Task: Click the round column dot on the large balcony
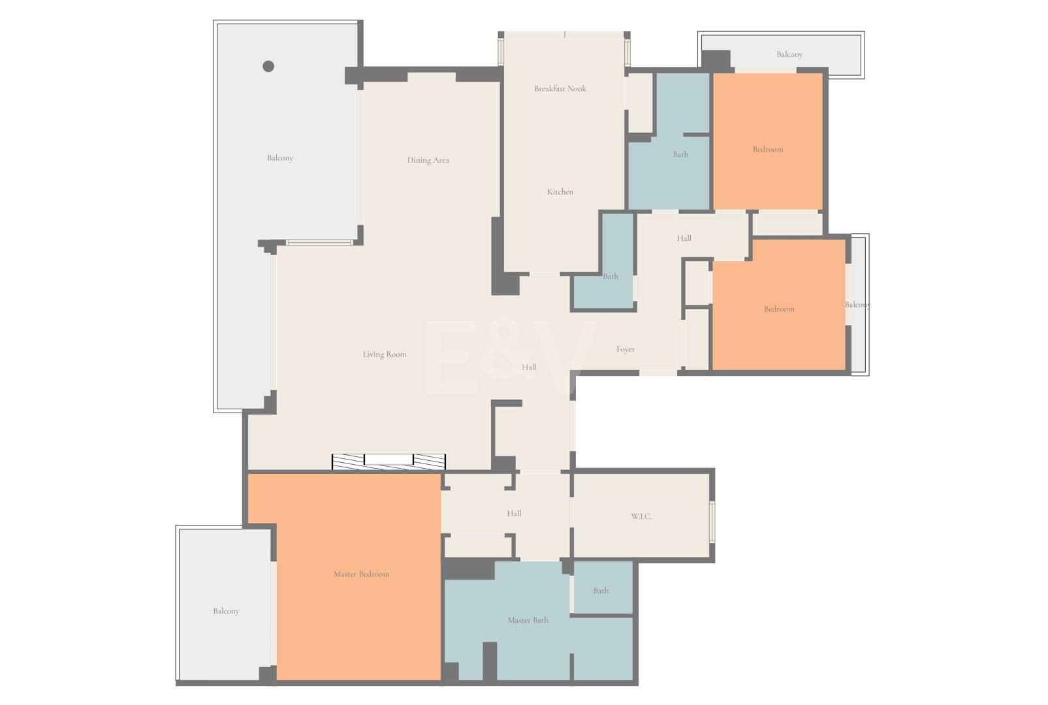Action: coord(268,67)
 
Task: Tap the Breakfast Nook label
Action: coord(560,88)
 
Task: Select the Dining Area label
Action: coord(428,160)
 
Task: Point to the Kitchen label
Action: coord(560,192)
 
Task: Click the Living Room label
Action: coord(385,354)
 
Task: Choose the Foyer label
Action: coord(626,349)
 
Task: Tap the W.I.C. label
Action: coord(641,516)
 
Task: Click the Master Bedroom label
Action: coord(362,574)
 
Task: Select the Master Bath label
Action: coord(528,620)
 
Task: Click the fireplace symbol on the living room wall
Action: coord(389,462)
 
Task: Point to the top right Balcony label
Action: coord(789,54)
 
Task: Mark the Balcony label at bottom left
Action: coord(226,611)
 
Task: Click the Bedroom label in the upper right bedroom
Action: coord(768,149)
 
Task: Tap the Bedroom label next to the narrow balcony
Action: coord(779,309)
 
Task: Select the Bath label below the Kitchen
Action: coord(611,276)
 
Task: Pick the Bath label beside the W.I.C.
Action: coord(601,590)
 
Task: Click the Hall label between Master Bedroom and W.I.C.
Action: coord(514,513)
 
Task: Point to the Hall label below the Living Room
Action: coord(529,368)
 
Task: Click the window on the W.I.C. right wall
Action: coord(712,522)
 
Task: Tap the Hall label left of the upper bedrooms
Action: coord(684,238)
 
